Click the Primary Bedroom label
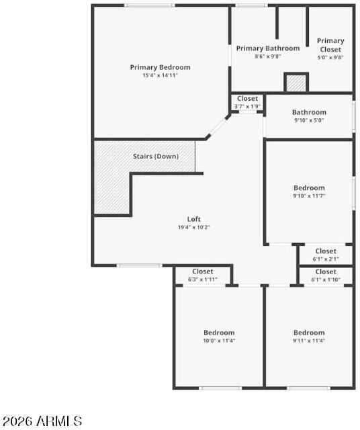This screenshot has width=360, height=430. click(160, 67)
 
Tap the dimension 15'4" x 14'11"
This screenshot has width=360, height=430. click(160, 75)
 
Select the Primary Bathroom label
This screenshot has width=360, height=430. click(268, 48)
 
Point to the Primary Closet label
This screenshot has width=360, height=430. click(330, 45)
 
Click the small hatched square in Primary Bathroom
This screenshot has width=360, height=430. click(296, 83)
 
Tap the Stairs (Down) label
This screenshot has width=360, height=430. click(156, 157)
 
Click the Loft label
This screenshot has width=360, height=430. click(194, 219)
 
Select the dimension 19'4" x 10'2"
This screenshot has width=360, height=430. click(194, 227)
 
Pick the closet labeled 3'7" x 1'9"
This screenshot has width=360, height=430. click(247, 102)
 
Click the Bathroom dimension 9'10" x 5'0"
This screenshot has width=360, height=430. click(309, 120)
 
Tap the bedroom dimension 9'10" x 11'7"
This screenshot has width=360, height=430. click(309, 196)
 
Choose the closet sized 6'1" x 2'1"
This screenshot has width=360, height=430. click(326, 255)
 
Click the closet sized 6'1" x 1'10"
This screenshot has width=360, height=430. click(326, 276)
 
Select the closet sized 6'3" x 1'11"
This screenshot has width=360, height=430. click(203, 275)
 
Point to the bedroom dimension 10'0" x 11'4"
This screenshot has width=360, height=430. click(219, 341)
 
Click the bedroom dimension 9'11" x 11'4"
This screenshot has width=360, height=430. click(309, 341)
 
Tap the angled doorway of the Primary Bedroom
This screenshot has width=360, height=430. click(218, 127)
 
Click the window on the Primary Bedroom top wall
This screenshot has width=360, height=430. click(149, 5)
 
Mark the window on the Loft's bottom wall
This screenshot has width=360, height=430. click(140, 265)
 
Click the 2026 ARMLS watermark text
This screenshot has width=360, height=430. click(42, 421)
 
